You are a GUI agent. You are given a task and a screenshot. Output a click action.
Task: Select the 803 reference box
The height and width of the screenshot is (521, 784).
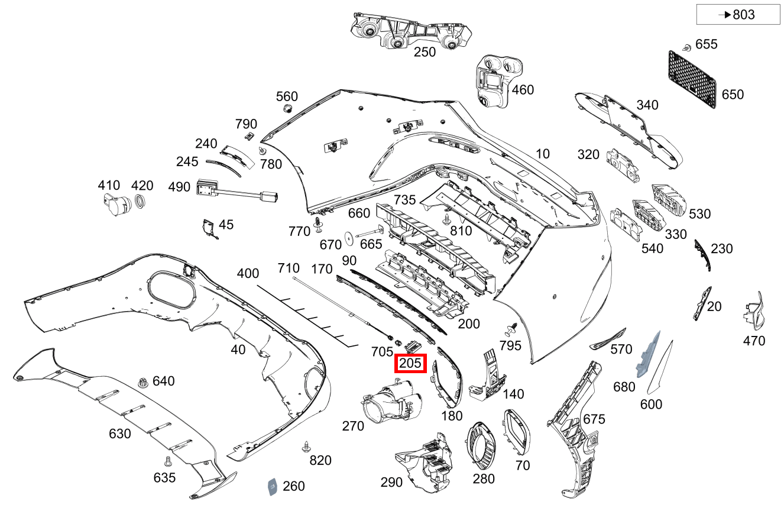coord(738,15)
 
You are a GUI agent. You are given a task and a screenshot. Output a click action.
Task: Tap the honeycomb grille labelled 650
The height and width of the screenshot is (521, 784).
coord(692,79)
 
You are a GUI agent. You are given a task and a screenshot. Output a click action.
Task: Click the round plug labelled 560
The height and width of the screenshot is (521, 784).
coord(288,109)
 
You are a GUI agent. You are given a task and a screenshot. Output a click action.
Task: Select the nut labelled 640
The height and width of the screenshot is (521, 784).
coord(142,383)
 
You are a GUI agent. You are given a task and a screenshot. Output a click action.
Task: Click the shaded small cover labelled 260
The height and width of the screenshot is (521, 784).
coord(273,486)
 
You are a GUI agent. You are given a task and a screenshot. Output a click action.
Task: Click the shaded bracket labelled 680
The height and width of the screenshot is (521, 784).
coord(647,355)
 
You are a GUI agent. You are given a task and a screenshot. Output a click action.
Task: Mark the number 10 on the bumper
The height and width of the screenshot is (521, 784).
coord(542,154)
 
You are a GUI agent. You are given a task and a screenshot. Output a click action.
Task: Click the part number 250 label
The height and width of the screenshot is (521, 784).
coord(425,52)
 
